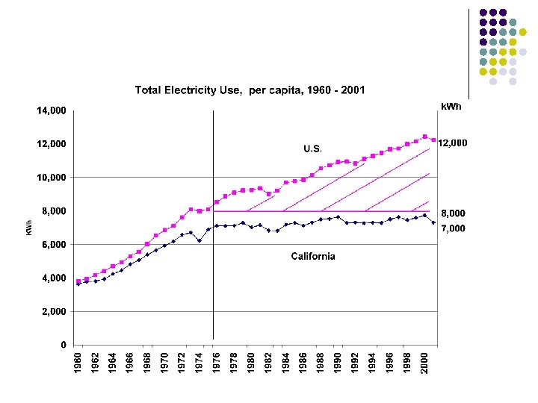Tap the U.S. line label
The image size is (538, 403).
tap(312, 149)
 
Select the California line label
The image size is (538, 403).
tap(312, 256)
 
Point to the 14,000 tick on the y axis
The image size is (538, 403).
tap(52, 110)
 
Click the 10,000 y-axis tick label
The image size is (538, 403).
tap(52, 178)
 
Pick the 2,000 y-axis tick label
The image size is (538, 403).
tap(55, 312)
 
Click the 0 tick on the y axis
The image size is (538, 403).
tap(64, 346)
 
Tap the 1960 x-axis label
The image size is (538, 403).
tap(78, 363)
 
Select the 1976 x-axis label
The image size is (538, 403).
tap(215, 363)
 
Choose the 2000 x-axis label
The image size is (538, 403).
tap(424, 363)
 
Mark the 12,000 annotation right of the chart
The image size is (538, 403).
tap(452, 143)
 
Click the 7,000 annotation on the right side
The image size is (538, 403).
tap(451, 228)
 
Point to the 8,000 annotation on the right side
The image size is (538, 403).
tap(451, 213)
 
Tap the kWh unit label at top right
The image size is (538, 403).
tap(451, 107)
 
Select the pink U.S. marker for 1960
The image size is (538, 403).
tap(78, 281)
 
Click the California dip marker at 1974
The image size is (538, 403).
tap(200, 240)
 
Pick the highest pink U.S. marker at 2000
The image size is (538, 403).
tap(424, 137)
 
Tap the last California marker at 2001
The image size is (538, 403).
tap(433, 222)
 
